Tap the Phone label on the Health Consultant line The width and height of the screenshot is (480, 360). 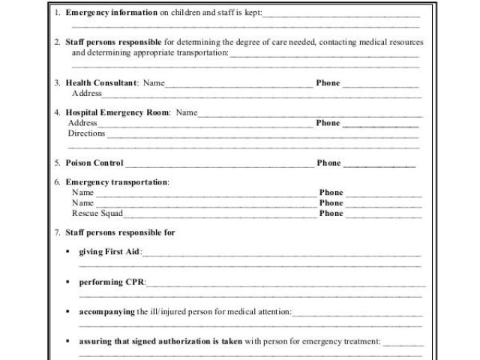pos(328,83)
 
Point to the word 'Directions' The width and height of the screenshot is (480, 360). pos(87,133)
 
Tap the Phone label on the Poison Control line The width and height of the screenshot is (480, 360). pos(328,163)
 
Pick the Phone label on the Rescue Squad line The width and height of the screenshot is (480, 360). pos(331,213)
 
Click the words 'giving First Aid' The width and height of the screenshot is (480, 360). pos(109,252)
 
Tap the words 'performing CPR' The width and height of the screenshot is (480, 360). pos(112,282)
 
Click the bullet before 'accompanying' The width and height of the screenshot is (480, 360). pos(67,311)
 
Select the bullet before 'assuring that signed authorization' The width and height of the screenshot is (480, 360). pos(67,340)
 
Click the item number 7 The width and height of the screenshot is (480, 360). pos(57,232)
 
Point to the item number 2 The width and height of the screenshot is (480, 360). pos(57,43)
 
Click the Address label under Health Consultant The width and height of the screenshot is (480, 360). pos(86,94)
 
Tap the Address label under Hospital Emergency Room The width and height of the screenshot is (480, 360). pos(82,123)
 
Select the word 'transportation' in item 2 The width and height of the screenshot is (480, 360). pos(202,53)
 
